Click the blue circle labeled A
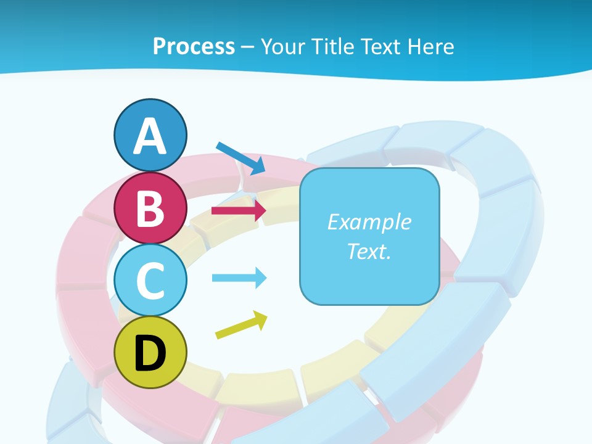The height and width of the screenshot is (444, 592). coord(150,135)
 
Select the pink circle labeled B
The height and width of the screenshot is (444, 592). coord(150,208)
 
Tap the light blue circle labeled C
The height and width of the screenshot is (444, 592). coord(150,280)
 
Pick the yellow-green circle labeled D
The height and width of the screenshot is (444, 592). coord(150,352)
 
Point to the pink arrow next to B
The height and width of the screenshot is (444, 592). coord(239,210)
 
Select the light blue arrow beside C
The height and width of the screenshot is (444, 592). coord(239,277)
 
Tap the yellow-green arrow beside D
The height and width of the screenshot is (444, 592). coord(241,325)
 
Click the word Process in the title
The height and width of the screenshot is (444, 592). coord(194,46)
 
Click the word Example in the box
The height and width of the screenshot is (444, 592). coord(369,222)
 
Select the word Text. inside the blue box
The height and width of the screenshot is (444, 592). coord(369,251)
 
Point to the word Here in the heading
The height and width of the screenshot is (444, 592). coord(432,46)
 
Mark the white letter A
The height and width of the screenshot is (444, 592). coord(150,136)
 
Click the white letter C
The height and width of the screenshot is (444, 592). coord(150,281)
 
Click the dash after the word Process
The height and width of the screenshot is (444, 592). coord(247,47)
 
